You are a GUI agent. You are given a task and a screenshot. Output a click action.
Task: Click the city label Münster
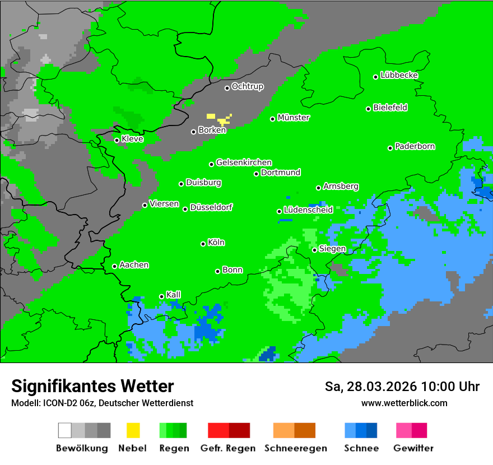coord(294,118)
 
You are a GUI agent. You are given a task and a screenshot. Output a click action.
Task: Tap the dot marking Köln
coord(203,244)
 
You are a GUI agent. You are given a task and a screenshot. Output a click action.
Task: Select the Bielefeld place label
coord(390,108)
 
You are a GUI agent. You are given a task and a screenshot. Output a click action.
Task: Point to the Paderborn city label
coord(415,146)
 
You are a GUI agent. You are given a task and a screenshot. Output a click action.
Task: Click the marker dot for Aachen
coord(115,266)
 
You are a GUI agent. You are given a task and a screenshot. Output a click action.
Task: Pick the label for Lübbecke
coord(399,75)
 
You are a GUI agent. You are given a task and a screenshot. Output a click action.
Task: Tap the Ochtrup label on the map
coord(248,86)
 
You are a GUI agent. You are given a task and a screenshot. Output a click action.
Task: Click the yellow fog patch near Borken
coord(222,119)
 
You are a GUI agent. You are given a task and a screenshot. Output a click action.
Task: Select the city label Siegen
coord(333,249)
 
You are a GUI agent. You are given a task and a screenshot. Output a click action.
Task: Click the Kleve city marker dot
coord(117,140)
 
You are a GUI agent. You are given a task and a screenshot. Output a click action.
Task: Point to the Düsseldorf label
coord(211,207)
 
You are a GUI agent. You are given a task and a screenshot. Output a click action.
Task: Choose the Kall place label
coord(174,295)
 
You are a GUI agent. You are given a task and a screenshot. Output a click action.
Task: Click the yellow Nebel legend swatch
coord(133,430)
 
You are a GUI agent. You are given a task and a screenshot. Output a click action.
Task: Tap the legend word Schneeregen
coord(294,448)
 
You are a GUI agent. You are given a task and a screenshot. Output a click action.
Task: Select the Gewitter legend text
coord(413,448)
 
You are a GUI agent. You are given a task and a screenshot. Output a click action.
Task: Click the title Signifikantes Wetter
coord(92,386)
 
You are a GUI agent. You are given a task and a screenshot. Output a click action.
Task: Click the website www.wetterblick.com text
coord(404,403)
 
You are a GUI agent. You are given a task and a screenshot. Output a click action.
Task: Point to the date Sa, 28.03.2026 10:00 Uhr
coord(402,387)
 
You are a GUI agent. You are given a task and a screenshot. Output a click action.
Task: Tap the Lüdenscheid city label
coord(309,210)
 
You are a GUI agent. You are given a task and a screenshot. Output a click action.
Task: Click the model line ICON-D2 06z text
coord(102,403)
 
